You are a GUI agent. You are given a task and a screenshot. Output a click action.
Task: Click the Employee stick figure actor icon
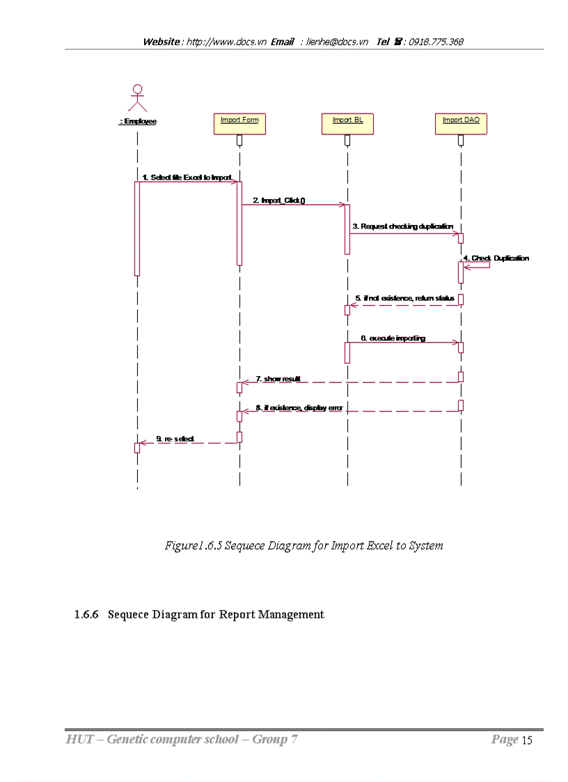[138, 98]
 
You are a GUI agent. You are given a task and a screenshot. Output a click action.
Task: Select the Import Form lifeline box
[239, 124]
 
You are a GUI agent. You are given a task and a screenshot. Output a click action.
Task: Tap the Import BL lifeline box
[347, 124]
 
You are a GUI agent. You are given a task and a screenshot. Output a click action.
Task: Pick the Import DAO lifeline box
[461, 124]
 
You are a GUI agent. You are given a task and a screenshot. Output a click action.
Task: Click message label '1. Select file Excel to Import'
[187, 178]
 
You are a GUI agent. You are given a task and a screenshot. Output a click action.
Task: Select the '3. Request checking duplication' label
[402, 226]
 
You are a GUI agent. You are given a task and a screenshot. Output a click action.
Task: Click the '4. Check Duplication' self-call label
[500, 258]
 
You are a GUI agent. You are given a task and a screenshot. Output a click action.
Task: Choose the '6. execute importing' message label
[393, 338]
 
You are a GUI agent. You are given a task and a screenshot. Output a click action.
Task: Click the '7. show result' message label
[278, 378]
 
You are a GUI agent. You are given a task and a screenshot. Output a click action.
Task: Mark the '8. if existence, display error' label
[299, 407]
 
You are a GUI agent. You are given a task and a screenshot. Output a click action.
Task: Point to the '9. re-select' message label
[175, 439]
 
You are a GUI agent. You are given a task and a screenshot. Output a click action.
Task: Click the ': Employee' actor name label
[138, 121]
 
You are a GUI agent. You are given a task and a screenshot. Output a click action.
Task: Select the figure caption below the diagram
[303, 545]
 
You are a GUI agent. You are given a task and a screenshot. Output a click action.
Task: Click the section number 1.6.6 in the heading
[87, 614]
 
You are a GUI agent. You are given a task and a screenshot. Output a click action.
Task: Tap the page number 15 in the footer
[527, 740]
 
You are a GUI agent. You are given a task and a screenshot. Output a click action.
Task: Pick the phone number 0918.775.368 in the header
[436, 42]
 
